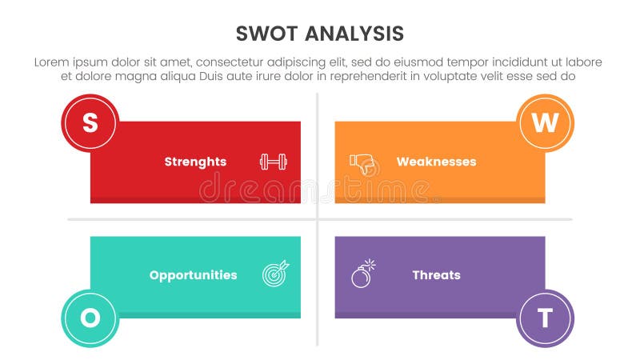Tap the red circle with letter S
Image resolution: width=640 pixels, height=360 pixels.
point(90,123)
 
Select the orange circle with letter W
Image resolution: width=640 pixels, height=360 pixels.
point(546,123)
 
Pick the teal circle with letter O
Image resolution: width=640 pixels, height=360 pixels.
point(90,318)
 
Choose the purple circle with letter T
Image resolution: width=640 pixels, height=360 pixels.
point(546,318)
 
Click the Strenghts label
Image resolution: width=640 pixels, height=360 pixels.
point(195,162)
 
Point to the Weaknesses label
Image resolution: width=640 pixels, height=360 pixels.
point(436,162)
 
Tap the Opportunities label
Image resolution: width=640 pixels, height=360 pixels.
point(193,275)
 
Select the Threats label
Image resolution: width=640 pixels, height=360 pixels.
point(436,275)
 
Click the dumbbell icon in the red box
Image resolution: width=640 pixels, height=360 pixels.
point(273,162)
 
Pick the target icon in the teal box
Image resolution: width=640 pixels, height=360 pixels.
point(276,274)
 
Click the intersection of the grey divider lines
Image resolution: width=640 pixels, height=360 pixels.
point(318,219)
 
